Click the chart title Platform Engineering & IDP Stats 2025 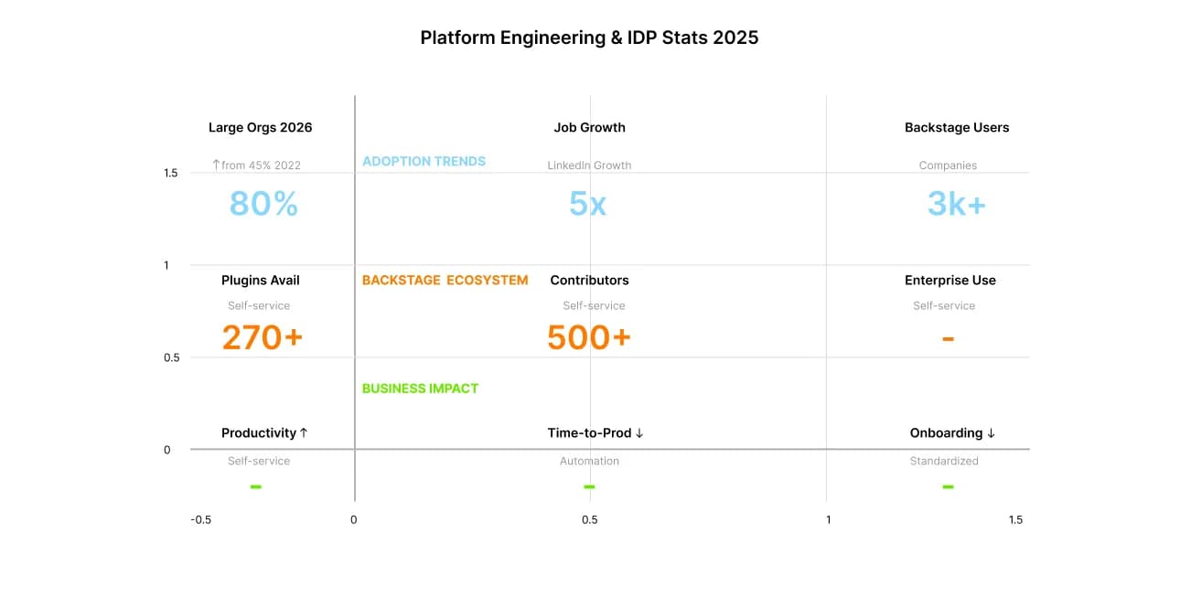[589, 37]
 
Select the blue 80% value [263, 203]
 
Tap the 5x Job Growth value [587, 203]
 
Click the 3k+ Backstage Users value [956, 203]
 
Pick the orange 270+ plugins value [262, 337]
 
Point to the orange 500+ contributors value [588, 337]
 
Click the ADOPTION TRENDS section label [424, 161]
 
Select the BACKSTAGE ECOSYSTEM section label [445, 280]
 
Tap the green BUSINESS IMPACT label [420, 388]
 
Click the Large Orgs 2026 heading [260, 127]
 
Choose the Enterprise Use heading [949, 280]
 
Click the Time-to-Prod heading [595, 432]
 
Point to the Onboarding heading [952, 432]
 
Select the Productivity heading [264, 432]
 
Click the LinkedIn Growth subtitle [589, 165]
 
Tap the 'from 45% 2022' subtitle [256, 165]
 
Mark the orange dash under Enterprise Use [948, 339]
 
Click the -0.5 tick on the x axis [200, 519]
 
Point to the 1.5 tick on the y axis [171, 173]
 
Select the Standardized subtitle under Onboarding [943, 461]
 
